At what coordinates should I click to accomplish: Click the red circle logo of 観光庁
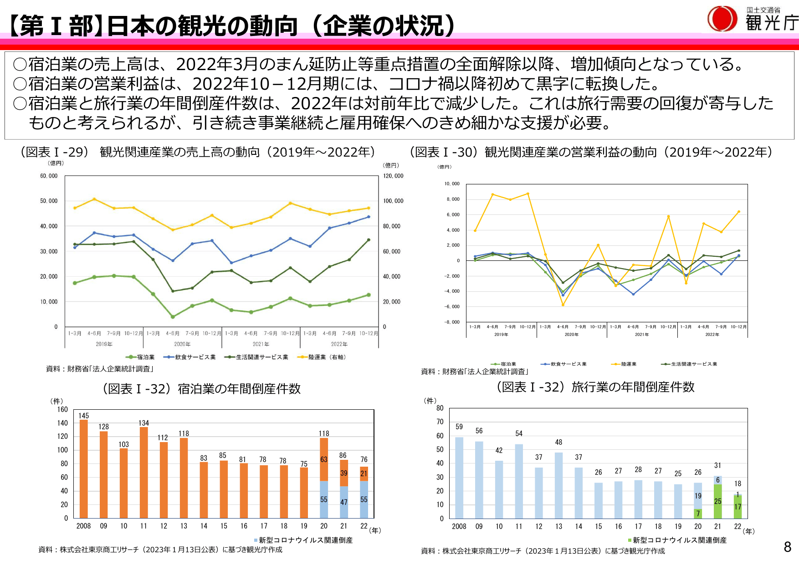point(722,19)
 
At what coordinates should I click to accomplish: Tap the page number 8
point(788,547)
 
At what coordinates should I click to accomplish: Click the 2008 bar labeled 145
point(84,469)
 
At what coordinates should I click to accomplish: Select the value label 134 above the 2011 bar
point(143,423)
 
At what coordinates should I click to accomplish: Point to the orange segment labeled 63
point(324,459)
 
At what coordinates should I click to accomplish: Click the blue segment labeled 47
point(344,502)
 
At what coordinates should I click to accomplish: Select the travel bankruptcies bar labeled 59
point(459,478)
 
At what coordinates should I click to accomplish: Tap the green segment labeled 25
point(718,501)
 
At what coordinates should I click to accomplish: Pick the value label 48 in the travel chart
point(558,442)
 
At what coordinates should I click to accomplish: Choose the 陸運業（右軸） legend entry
point(323,357)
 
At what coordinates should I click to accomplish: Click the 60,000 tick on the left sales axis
point(49,176)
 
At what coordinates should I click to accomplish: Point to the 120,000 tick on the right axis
point(393,176)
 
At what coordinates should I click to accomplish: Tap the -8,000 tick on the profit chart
point(452,322)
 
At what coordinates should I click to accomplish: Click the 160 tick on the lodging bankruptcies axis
point(62,409)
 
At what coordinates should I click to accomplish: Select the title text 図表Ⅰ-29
point(54,152)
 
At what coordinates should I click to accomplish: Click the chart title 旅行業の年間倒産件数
point(633,387)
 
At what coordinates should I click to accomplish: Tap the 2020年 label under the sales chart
point(182,344)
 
